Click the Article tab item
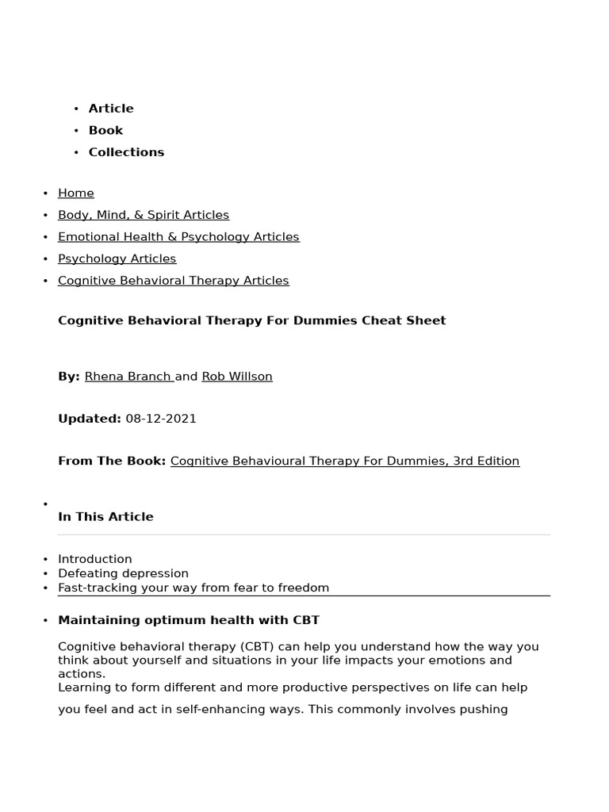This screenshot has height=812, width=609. click(x=111, y=109)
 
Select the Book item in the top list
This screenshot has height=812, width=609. click(x=105, y=130)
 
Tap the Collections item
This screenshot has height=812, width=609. click(x=126, y=152)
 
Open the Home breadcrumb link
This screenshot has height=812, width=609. click(x=76, y=193)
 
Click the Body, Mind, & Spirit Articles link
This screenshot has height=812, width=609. click(x=144, y=215)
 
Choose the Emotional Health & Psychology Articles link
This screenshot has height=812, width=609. click(x=178, y=236)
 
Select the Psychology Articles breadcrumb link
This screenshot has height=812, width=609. click(x=117, y=259)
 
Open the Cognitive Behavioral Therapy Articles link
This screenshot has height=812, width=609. click(x=174, y=281)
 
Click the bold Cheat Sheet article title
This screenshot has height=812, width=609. click(x=252, y=320)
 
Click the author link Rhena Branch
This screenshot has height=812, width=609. click(x=128, y=377)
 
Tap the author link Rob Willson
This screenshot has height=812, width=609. click(x=237, y=377)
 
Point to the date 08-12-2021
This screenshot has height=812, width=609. click(x=161, y=419)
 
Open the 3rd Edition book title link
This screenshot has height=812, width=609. click(x=345, y=461)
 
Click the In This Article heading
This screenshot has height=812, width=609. click(x=105, y=517)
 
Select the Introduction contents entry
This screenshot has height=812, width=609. click(x=95, y=559)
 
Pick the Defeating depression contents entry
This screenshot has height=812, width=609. click(x=123, y=573)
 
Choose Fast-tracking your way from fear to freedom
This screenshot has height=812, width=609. click(x=193, y=588)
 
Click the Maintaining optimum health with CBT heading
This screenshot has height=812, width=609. click(x=189, y=620)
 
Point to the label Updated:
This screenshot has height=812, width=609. click(x=90, y=419)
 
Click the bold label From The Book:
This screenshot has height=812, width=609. click(x=112, y=461)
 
